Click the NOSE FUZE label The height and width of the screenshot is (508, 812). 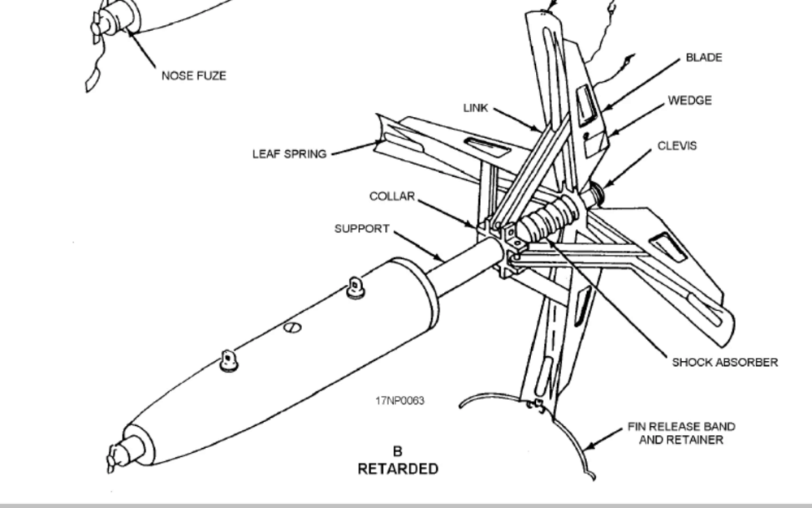(193, 76)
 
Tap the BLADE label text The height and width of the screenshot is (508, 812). (703, 58)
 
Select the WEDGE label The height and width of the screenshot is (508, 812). (689, 101)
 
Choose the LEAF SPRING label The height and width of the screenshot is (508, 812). (289, 154)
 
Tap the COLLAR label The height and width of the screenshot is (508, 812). (392, 197)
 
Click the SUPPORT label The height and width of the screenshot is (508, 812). (362, 229)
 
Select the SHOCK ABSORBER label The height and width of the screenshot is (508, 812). (724, 363)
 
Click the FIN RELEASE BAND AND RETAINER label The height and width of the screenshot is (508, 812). (681, 433)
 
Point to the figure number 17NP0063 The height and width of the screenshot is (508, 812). (400, 401)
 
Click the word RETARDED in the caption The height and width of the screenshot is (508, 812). (398, 469)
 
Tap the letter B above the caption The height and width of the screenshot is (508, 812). (398, 451)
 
